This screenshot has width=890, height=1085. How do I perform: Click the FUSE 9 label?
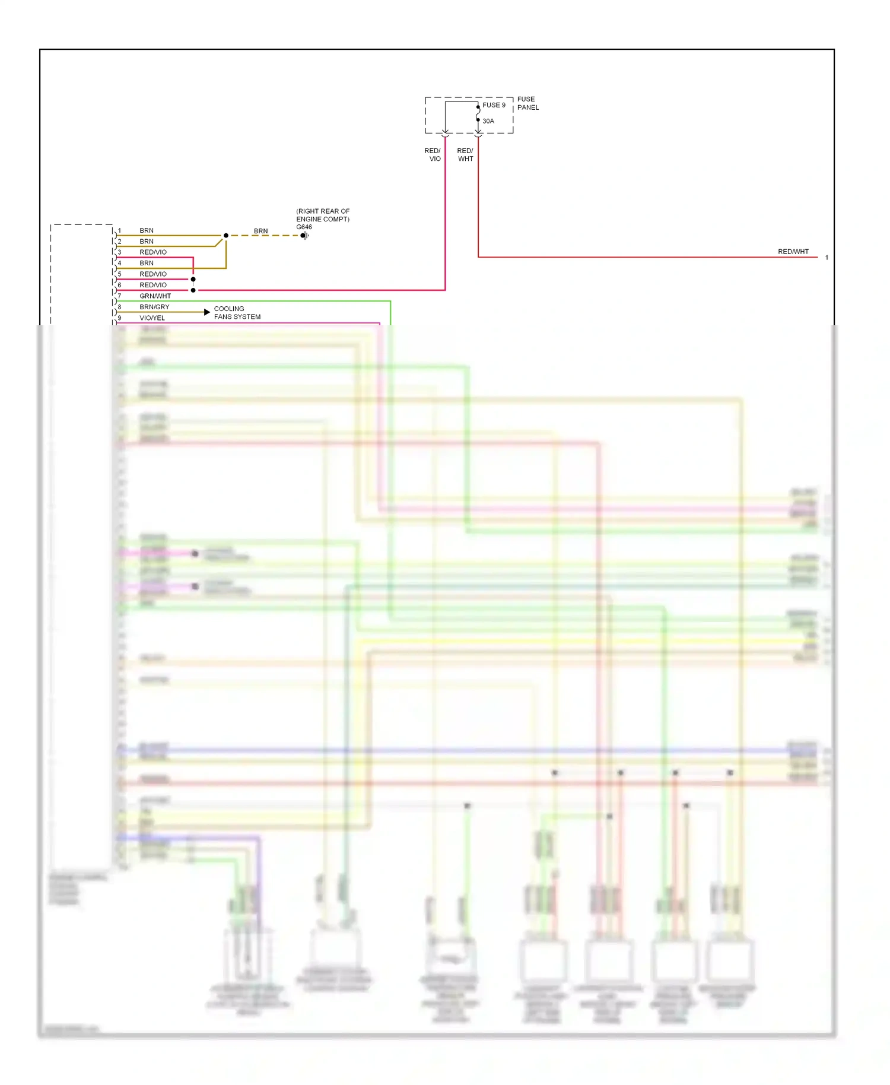tap(494, 105)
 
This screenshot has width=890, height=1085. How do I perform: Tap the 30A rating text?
tap(488, 121)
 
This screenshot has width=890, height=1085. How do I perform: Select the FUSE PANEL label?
tap(527, 103)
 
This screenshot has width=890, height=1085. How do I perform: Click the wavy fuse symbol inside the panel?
tap(478, 113)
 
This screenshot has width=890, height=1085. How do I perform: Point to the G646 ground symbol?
tap(305, 236)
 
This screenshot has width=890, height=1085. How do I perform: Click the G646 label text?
tap(304, 227)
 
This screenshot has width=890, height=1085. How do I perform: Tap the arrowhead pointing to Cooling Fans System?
tap(207, 312)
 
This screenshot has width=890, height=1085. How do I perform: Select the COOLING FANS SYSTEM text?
tap(237, 313)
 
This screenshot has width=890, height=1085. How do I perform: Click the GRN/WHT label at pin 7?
tap(155, 296)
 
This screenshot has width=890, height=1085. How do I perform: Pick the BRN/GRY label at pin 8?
tap(154, 307)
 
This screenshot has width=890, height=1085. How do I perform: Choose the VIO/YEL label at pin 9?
tap(152, 318)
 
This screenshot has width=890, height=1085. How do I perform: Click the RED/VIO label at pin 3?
tap(153, 252)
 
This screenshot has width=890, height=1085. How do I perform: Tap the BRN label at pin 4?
tap(147, 263)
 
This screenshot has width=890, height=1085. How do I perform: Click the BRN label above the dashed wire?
tap(260, 231)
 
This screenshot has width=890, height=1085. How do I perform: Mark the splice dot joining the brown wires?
tap(226, 236)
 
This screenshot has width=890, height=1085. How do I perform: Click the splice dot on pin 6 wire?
tap(193, 290)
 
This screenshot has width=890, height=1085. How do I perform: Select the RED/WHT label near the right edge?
tap(793, 252)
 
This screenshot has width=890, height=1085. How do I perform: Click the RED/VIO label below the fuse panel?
tap(433, 155)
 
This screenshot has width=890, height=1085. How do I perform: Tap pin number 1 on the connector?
tap(119, 230)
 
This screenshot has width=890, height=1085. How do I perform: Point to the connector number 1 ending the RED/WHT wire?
tap(827, 258)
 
